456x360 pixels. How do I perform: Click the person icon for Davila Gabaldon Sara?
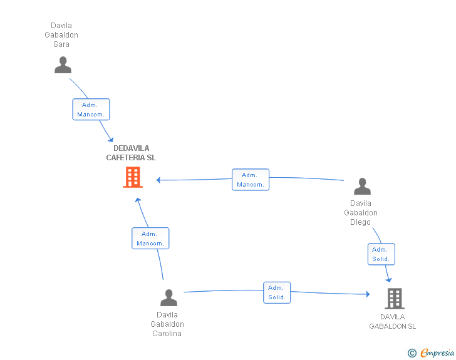pyautogui.click(x=63, y=65)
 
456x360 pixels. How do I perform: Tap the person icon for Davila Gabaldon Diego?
pyautogui.click(x=362, y=186)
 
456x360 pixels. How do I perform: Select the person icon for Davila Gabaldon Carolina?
pyautogui.click(x=168, y=297)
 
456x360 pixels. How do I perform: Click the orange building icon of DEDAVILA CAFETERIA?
pyautogui.click(x=133, y=177)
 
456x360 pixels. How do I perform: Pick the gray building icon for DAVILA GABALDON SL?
pyautogui.click(x=395, y=299)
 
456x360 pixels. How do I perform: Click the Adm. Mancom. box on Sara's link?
pyautogui.click(x=91, y=110)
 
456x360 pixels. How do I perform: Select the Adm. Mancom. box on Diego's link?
pyautogui.click(x=251, y=180)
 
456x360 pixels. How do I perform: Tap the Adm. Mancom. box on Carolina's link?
pyautogui.click(x=150, y=239)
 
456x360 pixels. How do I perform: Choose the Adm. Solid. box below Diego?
pyautogui.click(x=381, y=254)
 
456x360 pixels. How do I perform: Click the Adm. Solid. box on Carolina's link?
pyautogui.click(x=277, y=292)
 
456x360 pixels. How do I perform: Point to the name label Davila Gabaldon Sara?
pyautogui.click(x=61, y=35)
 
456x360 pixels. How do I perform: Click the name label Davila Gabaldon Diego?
pyautogui.click(x=361, y=213)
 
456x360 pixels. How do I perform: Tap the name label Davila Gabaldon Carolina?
pyautogui.click(x=167, y=324)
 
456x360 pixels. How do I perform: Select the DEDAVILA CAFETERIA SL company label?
pyautogui.click(x=131, y=153)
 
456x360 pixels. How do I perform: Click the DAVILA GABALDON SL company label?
pyautogui.click(x=393, y=321)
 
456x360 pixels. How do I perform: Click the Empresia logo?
pyautogui.click(x=437, y=353)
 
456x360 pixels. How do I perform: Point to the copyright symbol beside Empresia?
pyautogui.click(x=412, y=353)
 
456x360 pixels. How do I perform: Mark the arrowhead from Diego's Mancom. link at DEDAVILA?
pyautogui.click(x=158, y=180)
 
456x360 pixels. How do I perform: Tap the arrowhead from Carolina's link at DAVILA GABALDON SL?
pyautogui.click(x=368, y=294)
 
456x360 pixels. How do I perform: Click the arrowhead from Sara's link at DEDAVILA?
pyautogui.click(x=111, y=140)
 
